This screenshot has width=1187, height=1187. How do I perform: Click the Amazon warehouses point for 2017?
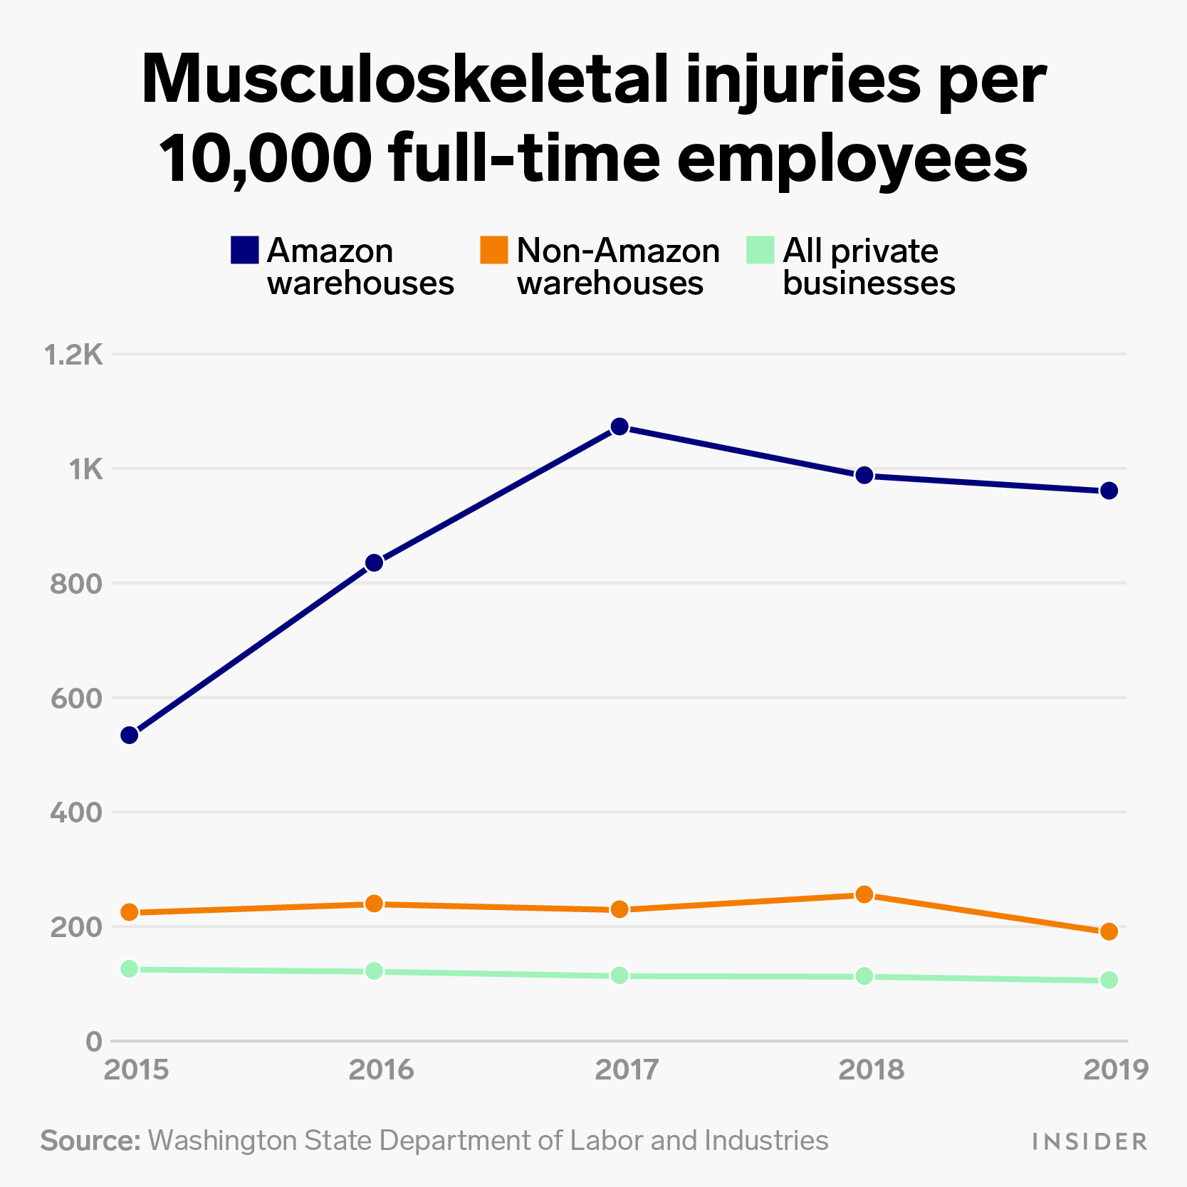coord(619,427)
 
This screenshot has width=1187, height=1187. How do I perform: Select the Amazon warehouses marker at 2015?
coord(130,735)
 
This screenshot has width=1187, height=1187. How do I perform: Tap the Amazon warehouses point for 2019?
coord(1109,491)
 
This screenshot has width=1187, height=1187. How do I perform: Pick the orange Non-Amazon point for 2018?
coord(864,894)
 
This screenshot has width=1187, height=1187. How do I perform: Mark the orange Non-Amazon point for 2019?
coord(1109,931)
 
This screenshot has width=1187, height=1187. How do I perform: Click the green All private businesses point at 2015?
coord(130,969)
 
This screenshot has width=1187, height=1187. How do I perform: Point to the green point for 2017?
coord(619,976)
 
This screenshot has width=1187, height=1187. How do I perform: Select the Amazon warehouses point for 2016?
coord(375,563)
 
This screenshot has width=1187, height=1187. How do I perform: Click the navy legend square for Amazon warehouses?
coord(244,250)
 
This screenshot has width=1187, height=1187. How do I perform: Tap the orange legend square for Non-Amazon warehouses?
coord(493,250)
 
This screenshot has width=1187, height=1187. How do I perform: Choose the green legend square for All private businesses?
coord(760,250)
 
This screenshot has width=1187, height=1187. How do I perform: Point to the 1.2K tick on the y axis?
coord(74,355)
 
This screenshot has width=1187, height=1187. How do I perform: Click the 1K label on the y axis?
coord(85,469)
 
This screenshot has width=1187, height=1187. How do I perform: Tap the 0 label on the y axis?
coord(94,1042)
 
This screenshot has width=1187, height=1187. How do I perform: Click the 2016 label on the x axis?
coord(381,1070)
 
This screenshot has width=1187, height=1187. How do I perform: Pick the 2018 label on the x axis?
coord(871,1070)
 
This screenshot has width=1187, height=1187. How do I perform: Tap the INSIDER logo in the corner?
coord(1089,1142)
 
